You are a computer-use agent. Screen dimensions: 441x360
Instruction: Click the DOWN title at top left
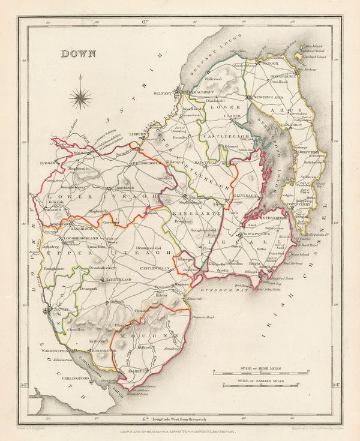(77, 53)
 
